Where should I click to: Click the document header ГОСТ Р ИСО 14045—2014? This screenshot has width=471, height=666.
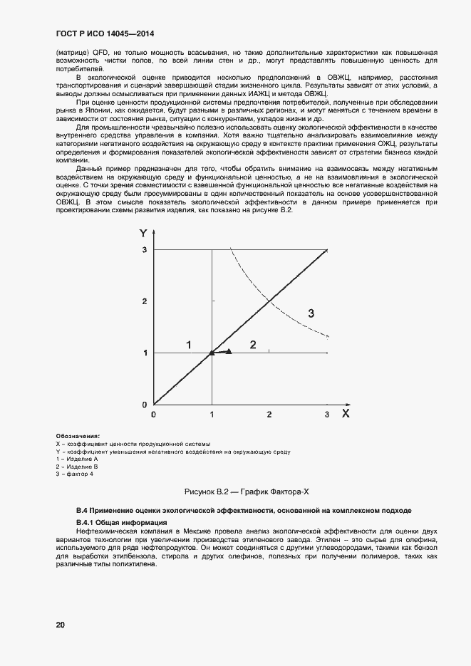[x=106, y=34]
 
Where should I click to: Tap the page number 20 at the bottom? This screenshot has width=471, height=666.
[x=61, y=625]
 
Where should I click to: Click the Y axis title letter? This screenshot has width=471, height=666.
[x=143, y=233]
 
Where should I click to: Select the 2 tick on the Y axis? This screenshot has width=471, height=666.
[x=144, y=302]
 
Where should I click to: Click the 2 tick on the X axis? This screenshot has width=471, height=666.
[x=269, y=414]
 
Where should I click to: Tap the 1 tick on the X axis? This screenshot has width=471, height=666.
[x=212, y=414]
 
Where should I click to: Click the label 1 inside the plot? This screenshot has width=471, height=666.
[x=189, y=345]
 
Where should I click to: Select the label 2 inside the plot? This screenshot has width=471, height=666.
[x=252, y=345]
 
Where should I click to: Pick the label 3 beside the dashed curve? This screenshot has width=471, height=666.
[x=311, y=313]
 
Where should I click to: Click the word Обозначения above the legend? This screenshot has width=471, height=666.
[x=77, y=436]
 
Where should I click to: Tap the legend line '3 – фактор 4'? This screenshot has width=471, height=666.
[x=74, y=474]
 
